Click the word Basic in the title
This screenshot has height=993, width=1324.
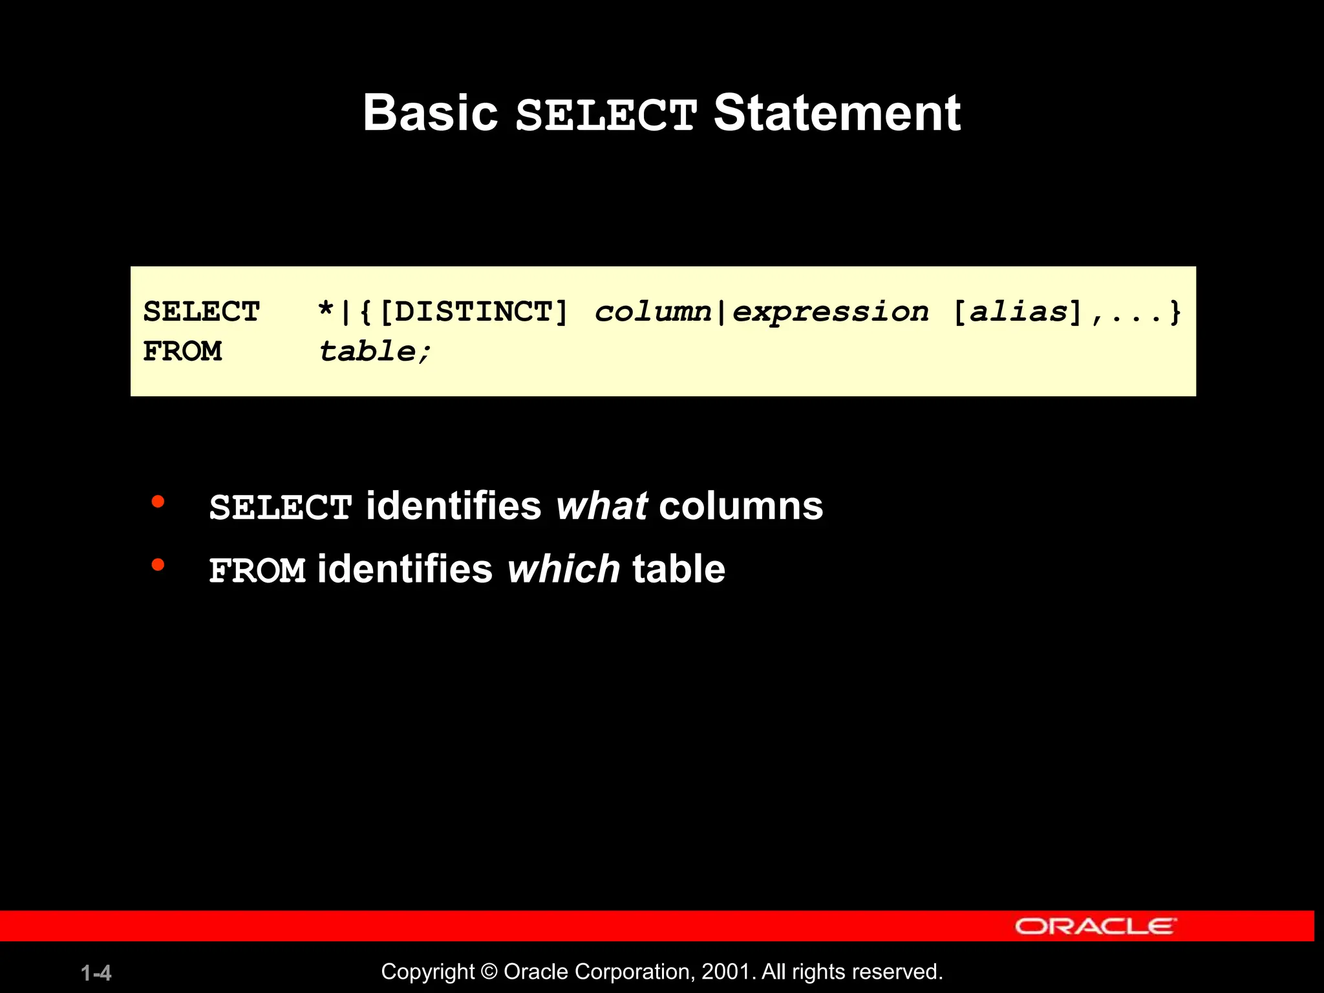point(430,113)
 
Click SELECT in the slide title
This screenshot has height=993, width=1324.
point(606,115)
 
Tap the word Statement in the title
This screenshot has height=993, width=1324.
point(837,113)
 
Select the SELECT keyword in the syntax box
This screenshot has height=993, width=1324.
point(201,312)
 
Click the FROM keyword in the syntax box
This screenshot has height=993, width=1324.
point(182,352)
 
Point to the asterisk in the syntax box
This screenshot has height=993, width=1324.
point(325,311)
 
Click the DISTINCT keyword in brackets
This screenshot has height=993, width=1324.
point(473,312)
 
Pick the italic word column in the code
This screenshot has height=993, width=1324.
point(652,312)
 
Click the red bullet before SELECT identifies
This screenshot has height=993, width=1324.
point(158,502)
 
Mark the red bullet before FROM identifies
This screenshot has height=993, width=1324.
point(158,565)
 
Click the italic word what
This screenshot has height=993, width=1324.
point(601,506)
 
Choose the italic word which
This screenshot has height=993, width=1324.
point(563,569)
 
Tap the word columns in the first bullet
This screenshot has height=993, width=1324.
point(741,506)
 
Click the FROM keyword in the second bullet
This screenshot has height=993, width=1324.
point(257,571)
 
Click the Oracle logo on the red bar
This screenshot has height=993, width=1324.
point(1095,926)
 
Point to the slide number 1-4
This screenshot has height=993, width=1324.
point(96,973)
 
